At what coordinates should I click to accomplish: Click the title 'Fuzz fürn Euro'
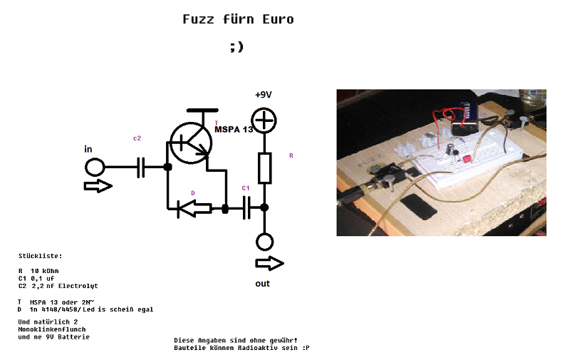[x=238, y=19]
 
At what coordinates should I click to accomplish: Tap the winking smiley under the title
[x=237, y=47]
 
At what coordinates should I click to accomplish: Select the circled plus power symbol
[x=264, y=121]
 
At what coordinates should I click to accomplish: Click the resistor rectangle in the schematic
[x=264, y=167]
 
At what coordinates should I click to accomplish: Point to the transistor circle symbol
[x=192, y=142]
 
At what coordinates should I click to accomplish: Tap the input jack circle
[x=94, y=168]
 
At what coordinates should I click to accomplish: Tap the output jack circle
[x=264, y=242]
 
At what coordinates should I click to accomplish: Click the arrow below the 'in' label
[x=98, y=187]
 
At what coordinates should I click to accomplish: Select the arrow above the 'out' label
[x=269, y=264]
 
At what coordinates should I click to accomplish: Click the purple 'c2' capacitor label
[x=137, y=138]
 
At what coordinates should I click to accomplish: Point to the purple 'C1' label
[x=246, y=187]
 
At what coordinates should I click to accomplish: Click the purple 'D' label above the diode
[x=192, y=193]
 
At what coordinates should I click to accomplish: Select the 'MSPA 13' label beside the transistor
[x=234, y=130]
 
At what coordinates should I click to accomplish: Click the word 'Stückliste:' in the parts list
[x=40, y=255]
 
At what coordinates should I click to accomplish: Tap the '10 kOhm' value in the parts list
[x=45, y=271]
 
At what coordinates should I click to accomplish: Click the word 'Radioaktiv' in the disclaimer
[x=263, y=348]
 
